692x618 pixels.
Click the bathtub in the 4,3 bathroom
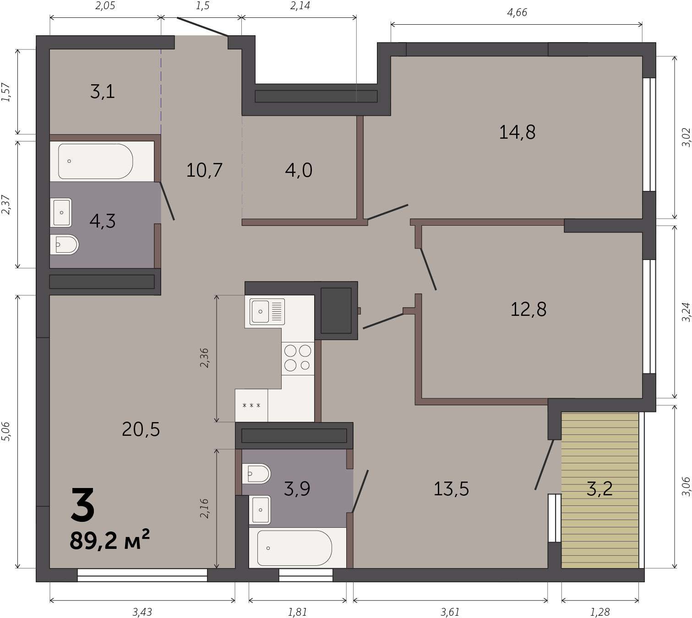(95, 161)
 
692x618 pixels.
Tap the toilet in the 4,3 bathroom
(65, 244)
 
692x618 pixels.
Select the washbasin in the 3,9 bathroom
(260, 510)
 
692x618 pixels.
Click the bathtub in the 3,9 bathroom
(294, 548)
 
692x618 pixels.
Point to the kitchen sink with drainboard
(267, 311)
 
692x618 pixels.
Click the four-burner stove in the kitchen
(298, 358)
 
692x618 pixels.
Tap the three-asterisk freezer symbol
(251, 406)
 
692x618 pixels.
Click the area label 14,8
(517, 132)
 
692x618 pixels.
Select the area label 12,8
(529, 309)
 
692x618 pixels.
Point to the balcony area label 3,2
(599, 488)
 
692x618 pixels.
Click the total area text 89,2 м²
(109, 541)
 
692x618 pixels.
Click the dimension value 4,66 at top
(517, 13)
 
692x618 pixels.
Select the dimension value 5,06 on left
(6, 432)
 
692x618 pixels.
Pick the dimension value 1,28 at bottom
(600, 612)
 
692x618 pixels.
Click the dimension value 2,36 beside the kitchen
(204, 358)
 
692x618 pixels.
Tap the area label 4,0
(299, 170)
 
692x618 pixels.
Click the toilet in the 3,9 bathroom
(256, 474)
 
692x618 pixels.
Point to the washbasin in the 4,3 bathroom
(61, 212)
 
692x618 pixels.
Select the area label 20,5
(141, 429)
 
